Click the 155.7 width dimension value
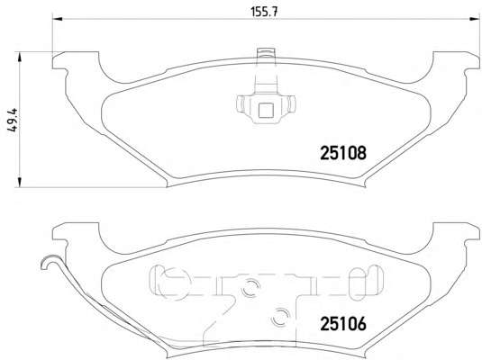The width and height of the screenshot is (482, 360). tap(264, 12)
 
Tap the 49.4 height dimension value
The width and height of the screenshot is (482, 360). tap(14, 121)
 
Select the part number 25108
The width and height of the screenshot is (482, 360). tap(343, 153)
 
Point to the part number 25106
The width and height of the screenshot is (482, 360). tap(343, 323)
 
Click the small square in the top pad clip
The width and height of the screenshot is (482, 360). tap(266, 111)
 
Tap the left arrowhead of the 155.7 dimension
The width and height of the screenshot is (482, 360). tap(58, 19)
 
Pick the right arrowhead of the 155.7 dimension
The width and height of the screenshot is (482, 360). tap(474, 19)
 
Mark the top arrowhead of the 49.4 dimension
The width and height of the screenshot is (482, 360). tap(19, 57)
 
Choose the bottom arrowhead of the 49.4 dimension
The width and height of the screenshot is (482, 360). tap(19, 182)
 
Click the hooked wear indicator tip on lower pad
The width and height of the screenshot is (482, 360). tap(48, 262)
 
